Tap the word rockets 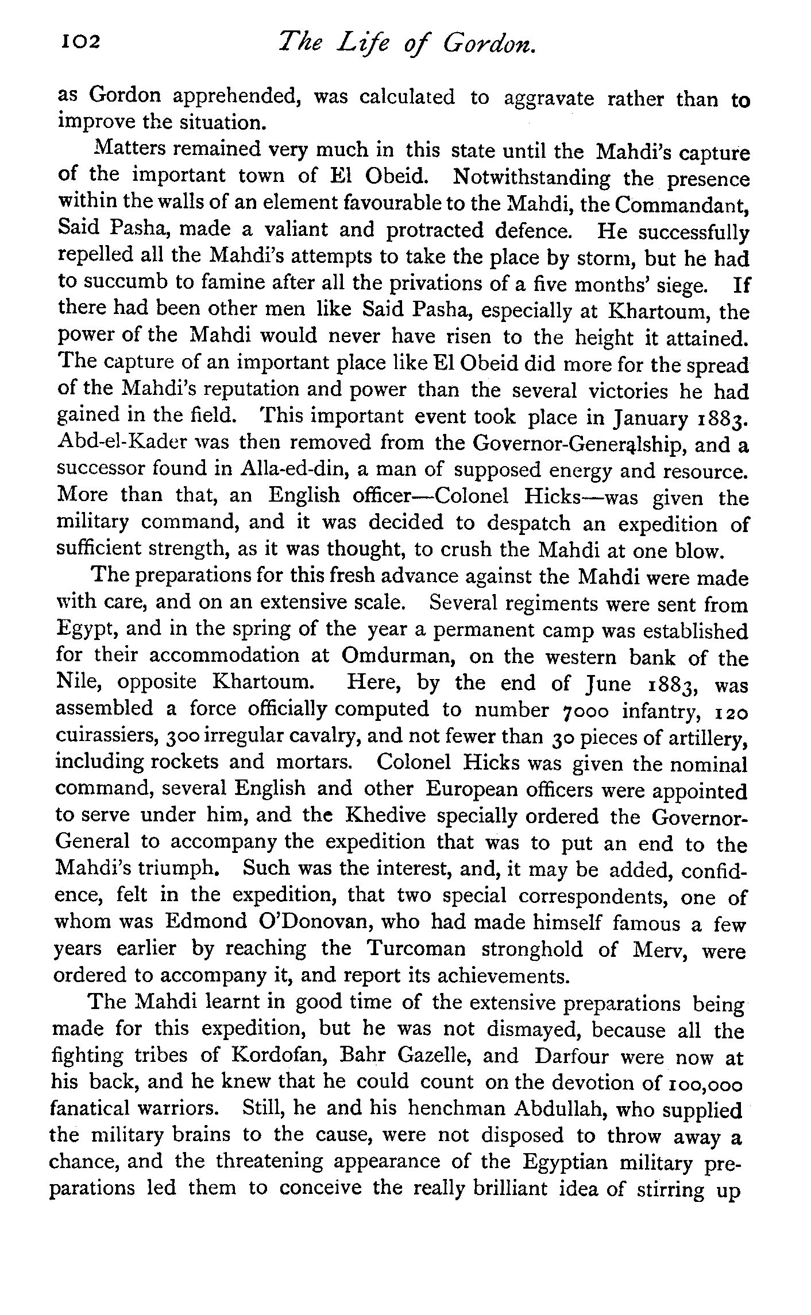click(x=184, y=762)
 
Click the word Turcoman click(x=416, y=948)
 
